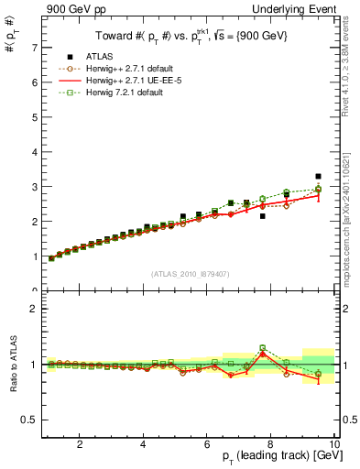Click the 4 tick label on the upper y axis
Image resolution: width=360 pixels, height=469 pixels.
click(x=34, y=152)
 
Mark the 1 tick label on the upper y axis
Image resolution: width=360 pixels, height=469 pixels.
click(x=34, y=256)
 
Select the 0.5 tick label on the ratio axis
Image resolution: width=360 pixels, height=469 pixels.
click(x=29, y=420)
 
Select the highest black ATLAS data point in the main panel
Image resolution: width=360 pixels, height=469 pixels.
click(x=318, y=176)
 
